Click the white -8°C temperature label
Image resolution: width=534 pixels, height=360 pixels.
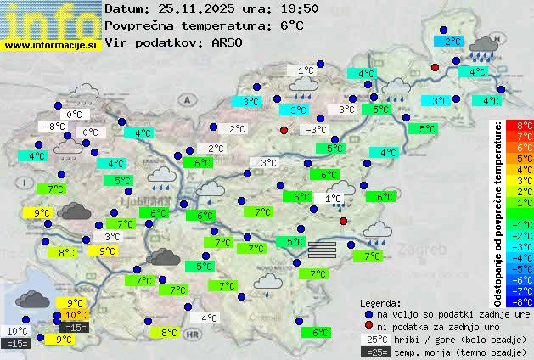[x=56, y=127]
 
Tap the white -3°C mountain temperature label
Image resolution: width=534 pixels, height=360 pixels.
[x=316, y=130]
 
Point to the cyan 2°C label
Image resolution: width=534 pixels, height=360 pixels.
[x=452, y=41]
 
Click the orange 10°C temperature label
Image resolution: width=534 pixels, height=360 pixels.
[x=76, y=315]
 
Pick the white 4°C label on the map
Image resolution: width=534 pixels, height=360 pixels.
[x=208, y=319]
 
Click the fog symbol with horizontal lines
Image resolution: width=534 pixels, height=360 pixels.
[x=323, y=249]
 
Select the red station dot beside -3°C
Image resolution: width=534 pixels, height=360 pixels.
[x=284, y=130]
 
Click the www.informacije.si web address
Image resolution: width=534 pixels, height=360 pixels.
[x=51, y=45]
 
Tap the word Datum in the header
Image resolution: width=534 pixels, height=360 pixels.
[x=126, y=8]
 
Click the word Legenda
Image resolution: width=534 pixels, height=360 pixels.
[x=380, y=303]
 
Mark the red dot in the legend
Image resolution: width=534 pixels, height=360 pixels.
[x=368, y=327]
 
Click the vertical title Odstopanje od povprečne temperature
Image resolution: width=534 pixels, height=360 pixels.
[x=497, y=212]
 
